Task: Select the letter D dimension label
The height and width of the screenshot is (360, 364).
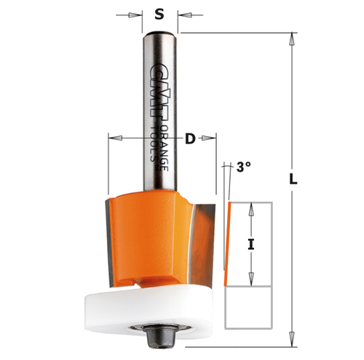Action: (190, 136)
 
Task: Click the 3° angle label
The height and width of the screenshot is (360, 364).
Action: (243, 167)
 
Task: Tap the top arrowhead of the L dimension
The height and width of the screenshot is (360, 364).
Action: (294, 37)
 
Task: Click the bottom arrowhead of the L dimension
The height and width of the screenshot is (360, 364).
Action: (294, 341)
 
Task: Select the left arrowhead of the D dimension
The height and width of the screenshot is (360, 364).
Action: (111, 136)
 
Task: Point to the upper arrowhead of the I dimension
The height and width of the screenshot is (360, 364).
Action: (251, 206)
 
